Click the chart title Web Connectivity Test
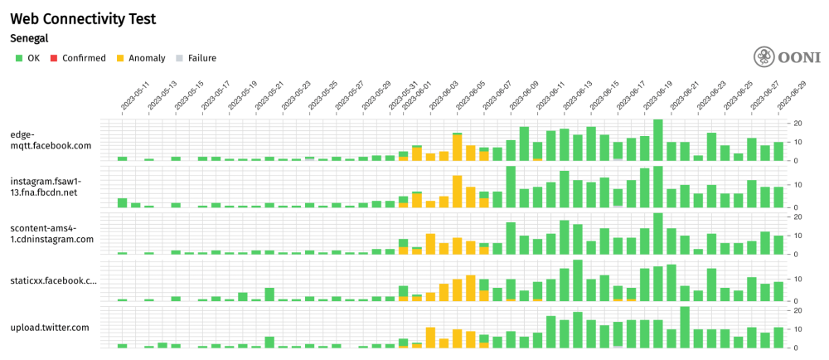click(83, 18)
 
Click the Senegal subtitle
click(29, 38)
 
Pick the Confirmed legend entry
click(78, 58)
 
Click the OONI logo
click(787, 57)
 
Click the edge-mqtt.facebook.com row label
click(50, 139)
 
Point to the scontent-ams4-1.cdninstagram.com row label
click(51, 233)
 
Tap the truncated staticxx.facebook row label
click(53, 280)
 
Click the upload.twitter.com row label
click(49, 327)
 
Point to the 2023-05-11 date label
click(134, 98)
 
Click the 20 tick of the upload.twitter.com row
click(798, 310)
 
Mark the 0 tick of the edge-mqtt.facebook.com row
click(796, 161)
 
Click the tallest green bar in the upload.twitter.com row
click(685, 328)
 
